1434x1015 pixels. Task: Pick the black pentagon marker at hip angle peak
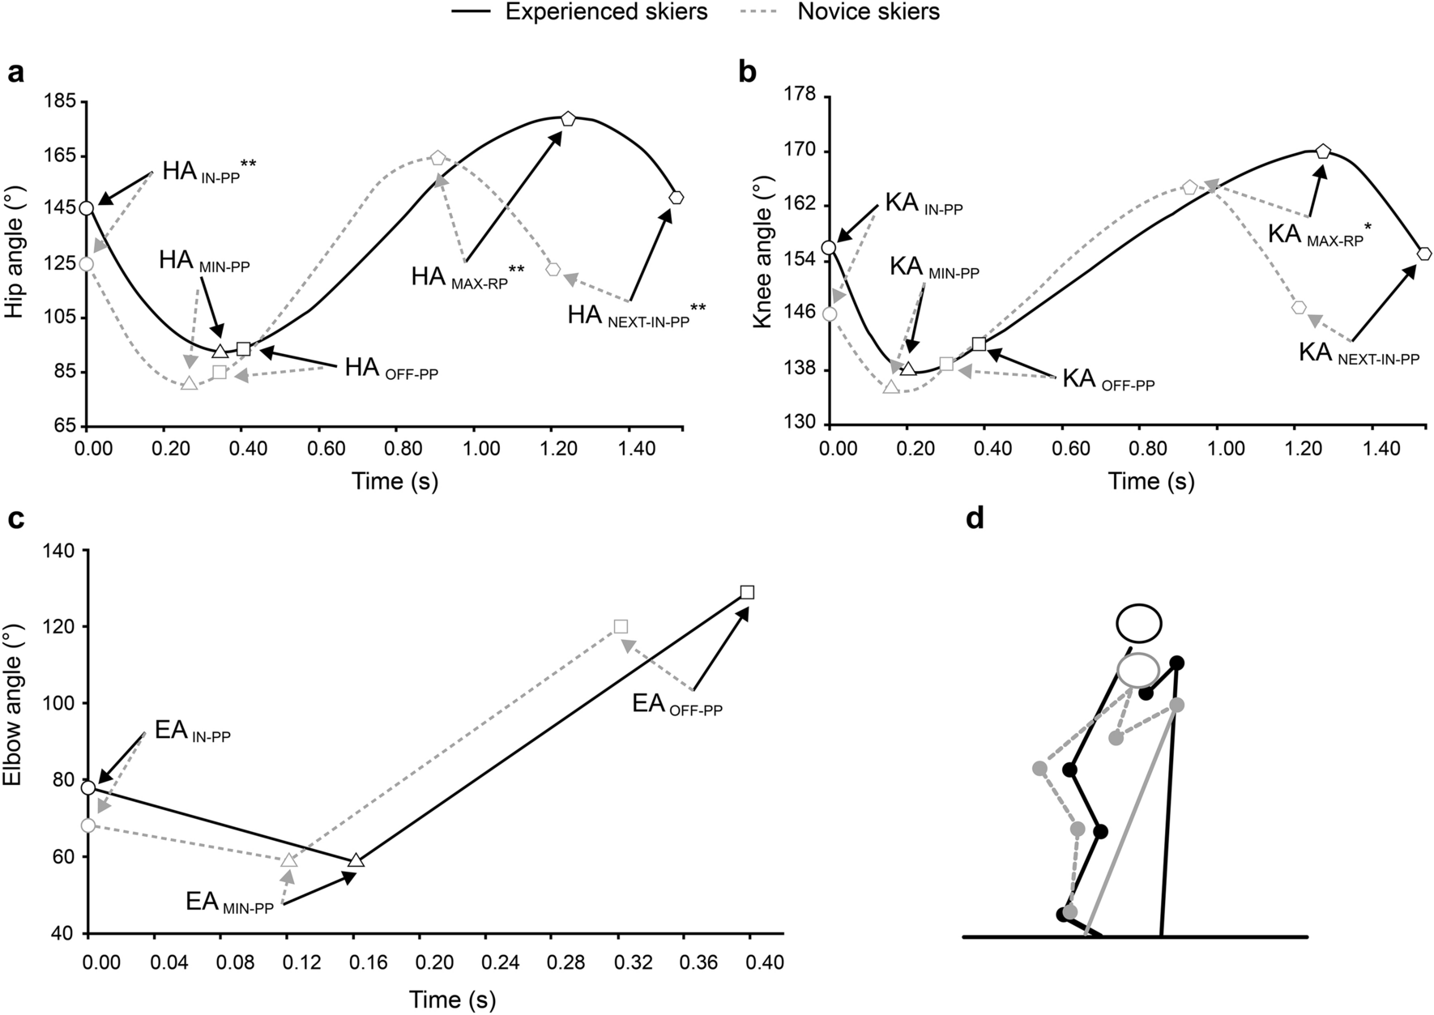pos(568,118)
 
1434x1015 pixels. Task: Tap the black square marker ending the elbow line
pos(747,592)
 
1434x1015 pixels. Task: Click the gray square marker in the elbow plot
pos(621,626)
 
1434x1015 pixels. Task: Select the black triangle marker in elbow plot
pos(356,860)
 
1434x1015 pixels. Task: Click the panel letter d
pos(975,519)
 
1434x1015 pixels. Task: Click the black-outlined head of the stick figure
pos(1139,624)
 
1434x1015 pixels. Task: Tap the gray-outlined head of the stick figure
pos(1138,670)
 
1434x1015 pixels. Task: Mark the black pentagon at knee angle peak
pos(1323,151)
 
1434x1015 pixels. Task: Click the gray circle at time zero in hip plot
pos(86,264)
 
